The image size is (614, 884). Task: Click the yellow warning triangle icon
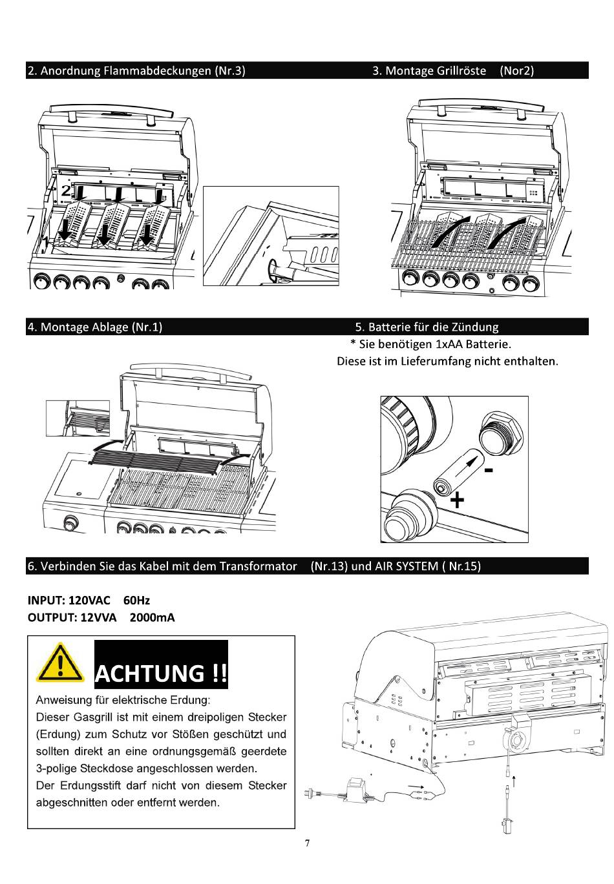point(60,662)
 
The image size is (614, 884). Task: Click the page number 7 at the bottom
point(308,843)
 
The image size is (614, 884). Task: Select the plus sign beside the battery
point(457,499)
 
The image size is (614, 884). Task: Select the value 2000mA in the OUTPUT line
point(152,617)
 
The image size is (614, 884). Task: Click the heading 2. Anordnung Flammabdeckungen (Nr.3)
point(136,70)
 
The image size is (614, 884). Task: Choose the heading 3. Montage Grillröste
point(429,70)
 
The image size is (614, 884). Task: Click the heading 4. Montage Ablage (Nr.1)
point(94,327)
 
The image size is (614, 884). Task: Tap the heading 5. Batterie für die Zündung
point(427,327)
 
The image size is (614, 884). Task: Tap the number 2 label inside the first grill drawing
point(66,190)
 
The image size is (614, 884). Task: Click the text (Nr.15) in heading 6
point(463,566)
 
